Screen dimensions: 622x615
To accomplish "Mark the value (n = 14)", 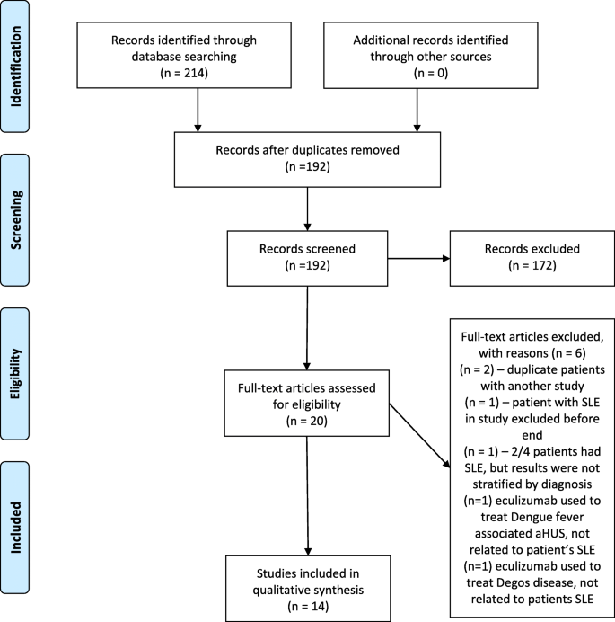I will click(307, 594).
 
